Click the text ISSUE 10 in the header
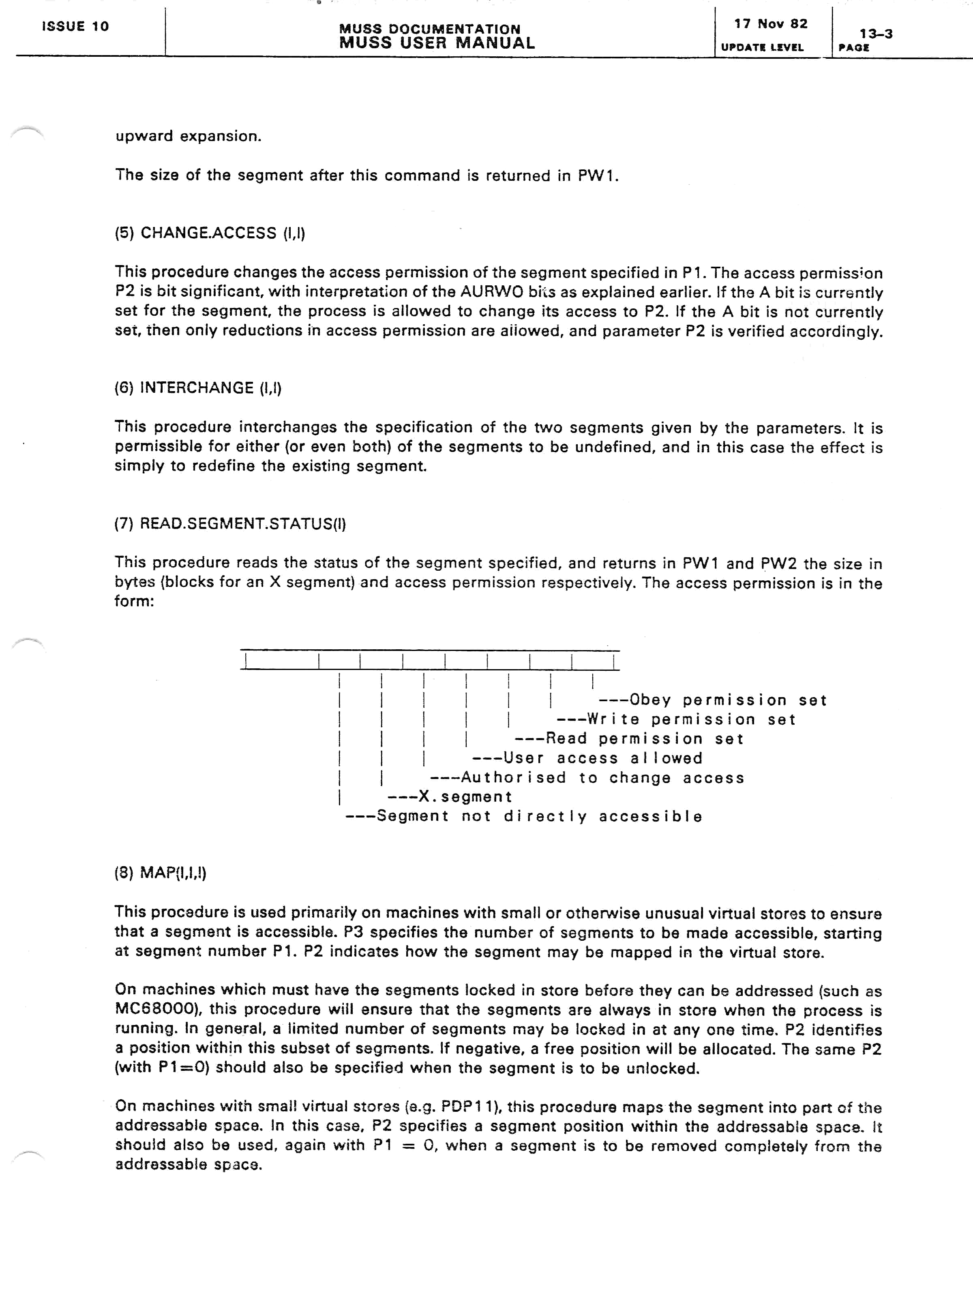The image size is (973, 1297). click(75, 26)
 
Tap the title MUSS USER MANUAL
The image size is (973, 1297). click(437, 43)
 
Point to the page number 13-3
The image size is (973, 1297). click(876, 33)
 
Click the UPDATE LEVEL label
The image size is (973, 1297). click(762, 47)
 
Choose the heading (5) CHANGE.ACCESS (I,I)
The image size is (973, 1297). click(210, 233)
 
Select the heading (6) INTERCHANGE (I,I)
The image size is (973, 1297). click(198, 388)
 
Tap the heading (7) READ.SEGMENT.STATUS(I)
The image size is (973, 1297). click(230, 524)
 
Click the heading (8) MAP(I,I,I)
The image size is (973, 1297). click(160, 873)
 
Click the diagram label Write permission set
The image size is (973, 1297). click(691, 719)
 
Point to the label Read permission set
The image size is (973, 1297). click(644, 739)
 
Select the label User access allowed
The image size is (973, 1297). click(602, 758)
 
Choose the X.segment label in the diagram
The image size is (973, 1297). click(465, 797)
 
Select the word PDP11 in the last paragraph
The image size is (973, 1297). click(468, 1107)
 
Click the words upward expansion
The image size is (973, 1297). click(188, 136)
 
